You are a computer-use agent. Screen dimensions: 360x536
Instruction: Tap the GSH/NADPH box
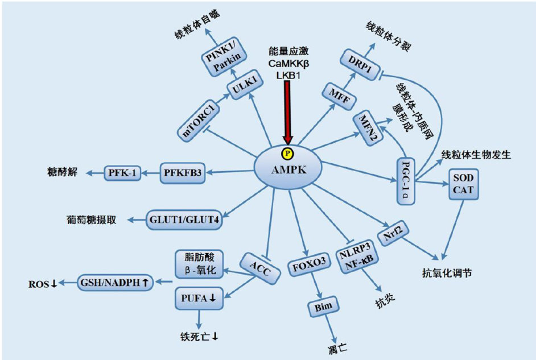[x=117, y=283]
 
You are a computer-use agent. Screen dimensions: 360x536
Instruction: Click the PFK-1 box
[x=122, y=171]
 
